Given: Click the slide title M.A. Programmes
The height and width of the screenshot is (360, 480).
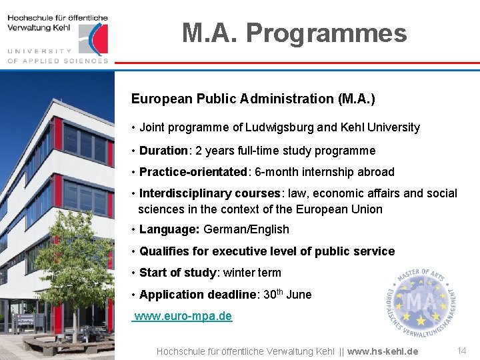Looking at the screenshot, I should click(294, 33).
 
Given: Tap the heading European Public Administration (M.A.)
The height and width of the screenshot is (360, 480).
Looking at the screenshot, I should click(253, 99).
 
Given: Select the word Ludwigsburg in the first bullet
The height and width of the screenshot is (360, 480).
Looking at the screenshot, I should click(275, 127).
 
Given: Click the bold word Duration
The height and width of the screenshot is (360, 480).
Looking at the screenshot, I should click(164, 151).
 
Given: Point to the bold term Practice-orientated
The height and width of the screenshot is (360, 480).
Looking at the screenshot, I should click(193, 172).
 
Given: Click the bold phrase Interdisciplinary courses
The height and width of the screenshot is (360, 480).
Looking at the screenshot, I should click(209, 193).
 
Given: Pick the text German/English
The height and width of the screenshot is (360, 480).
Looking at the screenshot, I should click(246, 229).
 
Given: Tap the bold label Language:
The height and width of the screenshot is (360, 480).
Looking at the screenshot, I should click(169, 229).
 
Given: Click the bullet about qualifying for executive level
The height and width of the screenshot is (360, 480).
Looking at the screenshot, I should click(267, 251).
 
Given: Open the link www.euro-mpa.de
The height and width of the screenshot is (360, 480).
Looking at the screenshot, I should click(183, 316).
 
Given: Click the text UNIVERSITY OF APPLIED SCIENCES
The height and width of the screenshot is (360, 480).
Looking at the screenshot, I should click(57, 55).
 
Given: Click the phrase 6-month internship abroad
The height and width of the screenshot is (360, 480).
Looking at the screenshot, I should click(324, 172).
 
